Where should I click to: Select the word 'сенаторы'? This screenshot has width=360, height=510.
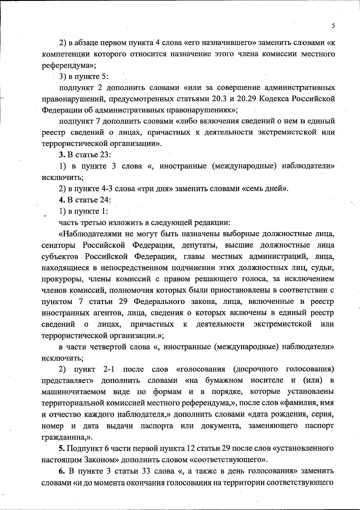pyautogui.click(x=58, y=245)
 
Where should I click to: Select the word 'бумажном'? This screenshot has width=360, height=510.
pyautogui.click(x=224, y=381)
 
